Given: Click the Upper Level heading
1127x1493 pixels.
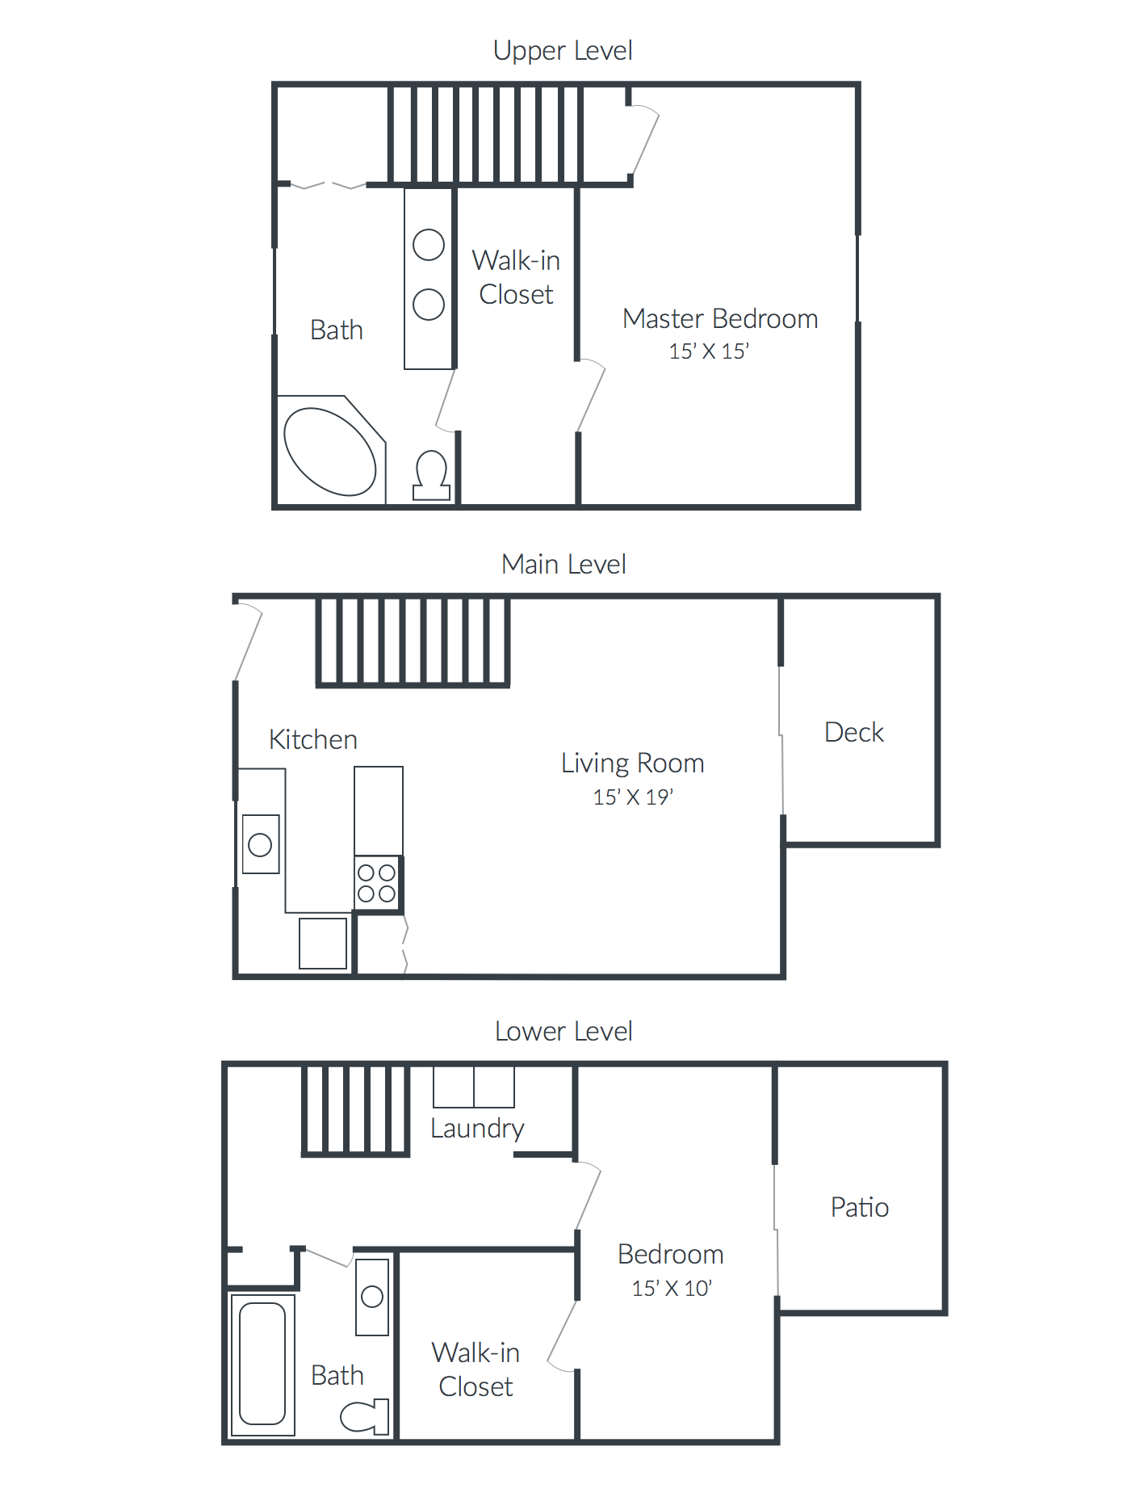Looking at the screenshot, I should click(x=563, y=51).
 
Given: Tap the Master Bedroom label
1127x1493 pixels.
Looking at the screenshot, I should click(x=720, y=319).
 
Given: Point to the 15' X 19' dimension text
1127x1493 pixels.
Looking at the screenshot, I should click(x=633, y=797).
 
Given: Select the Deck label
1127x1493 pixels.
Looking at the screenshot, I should click(x=854, y=733).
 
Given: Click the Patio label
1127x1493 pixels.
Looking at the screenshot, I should click(x=860, y=1208).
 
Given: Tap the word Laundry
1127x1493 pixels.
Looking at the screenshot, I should click(x=477, y=1129).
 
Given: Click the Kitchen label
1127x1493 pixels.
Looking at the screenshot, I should click(x=313, y=740).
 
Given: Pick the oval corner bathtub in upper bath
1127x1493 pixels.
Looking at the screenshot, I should click(x=330, y=452).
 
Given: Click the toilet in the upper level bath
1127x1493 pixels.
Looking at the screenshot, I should click(x=431, y=475).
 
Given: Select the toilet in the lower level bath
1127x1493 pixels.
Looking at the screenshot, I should click(x=366, y=1416).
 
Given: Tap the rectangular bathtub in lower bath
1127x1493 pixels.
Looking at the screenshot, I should click(x=262, y=1364).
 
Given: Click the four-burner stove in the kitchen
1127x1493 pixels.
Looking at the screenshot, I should click(x=377, y=883).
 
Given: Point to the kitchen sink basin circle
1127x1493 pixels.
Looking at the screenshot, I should click(x=260, y=845).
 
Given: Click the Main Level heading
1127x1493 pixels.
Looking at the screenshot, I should click(x=563, y=565).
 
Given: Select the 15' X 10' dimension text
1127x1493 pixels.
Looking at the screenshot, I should click(x=672, y=1289).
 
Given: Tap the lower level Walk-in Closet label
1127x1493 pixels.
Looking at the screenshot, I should click(x=476, y=1369).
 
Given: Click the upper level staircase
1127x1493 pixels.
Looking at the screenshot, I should click(x=485, y=135).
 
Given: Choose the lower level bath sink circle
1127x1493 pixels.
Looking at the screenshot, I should click(x=372, y=1297).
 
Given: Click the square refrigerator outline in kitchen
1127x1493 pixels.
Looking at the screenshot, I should click(x=323, y=943).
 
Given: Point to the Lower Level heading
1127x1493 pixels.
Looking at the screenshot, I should click(x=563, y=1032).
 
